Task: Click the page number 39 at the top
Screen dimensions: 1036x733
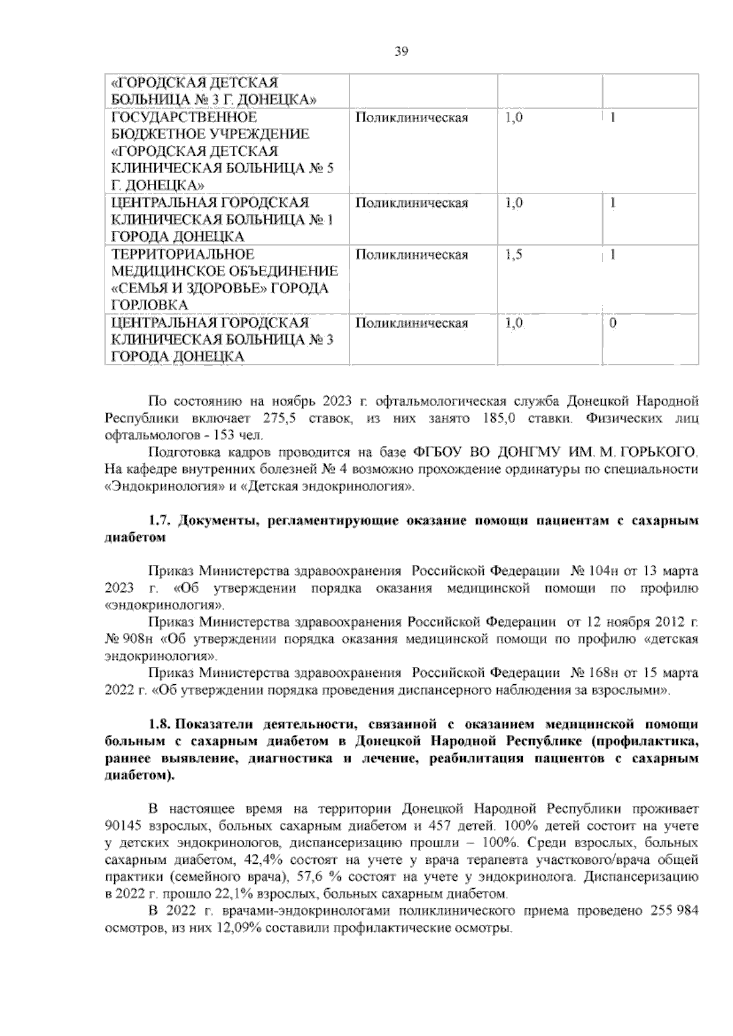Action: [401, 52]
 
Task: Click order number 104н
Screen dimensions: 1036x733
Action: [596, 572]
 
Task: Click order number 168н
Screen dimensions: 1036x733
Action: [596, 674]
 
